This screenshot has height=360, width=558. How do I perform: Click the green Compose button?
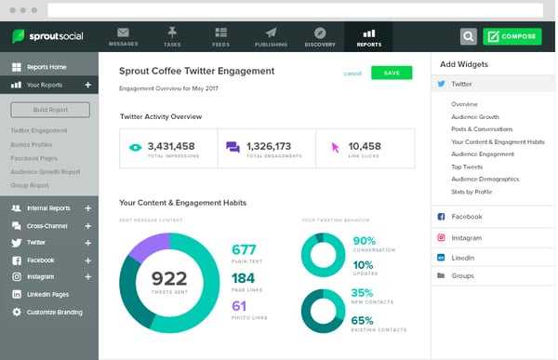[511, 36]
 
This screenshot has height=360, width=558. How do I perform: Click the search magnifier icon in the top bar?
[468, 36]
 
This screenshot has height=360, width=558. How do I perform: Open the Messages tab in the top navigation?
[123, 36]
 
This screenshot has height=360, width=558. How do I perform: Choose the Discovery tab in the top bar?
[320, 36]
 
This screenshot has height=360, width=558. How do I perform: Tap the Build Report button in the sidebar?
[49, 110]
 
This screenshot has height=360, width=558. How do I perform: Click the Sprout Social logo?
[48, 36]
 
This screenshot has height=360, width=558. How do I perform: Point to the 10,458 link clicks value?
[364, 146]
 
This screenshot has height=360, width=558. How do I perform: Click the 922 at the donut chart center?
[168, 278]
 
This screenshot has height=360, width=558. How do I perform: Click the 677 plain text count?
[244, 249]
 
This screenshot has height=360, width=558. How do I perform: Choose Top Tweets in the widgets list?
[468, 166]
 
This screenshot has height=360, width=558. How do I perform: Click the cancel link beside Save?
[352, 73]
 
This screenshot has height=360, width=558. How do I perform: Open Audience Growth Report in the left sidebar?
[46, 171]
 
